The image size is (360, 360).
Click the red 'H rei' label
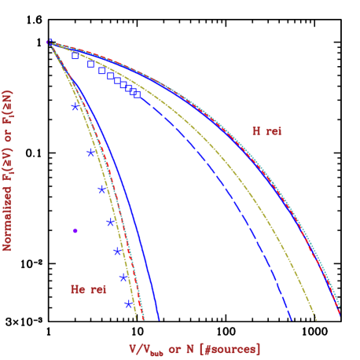tap(266, 131)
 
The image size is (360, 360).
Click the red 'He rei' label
tap(88, 289)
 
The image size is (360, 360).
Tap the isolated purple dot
tap(75, 230)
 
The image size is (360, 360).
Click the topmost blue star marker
tap(75, 107)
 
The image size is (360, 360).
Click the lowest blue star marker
tap(128, 303)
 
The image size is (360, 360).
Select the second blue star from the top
tap(91, 152)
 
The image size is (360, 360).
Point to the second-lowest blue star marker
tap(123, 277)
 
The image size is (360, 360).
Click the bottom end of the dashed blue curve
tap(292, 320)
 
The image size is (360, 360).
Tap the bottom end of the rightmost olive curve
tap(317, 319)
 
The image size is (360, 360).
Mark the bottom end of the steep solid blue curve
tap(159, 320)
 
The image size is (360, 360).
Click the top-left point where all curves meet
tap(50, 42)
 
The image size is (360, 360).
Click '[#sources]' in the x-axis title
tap(230, 348)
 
